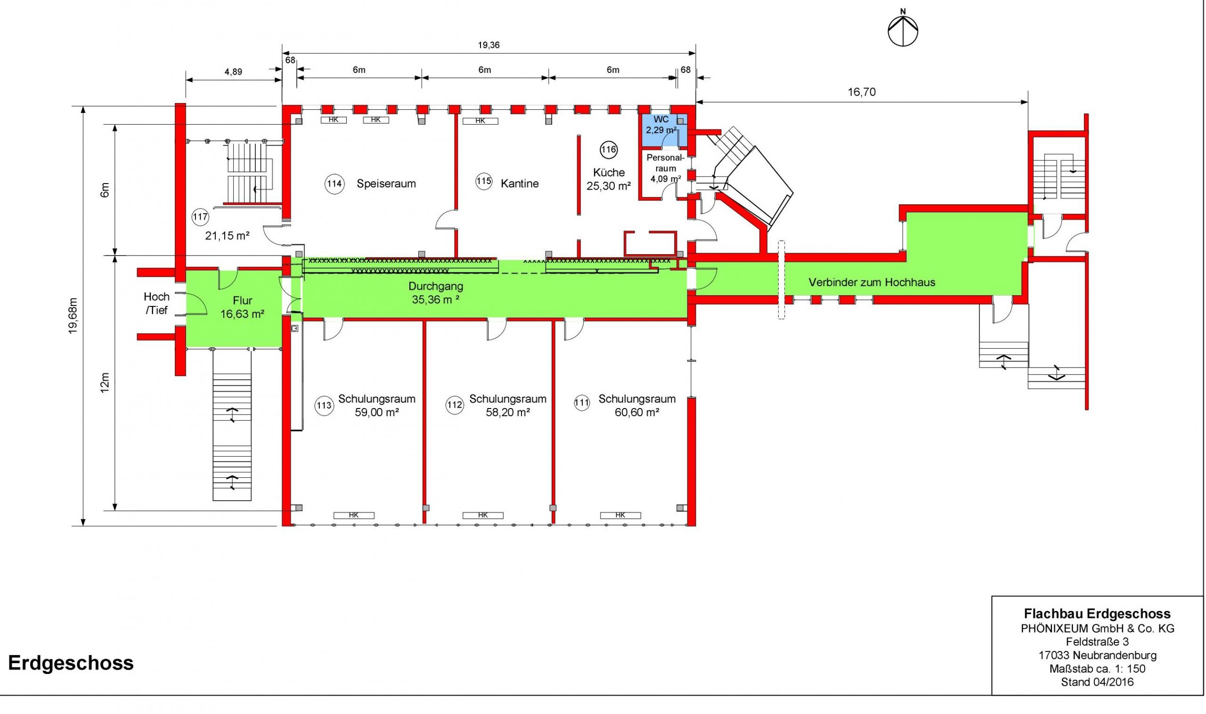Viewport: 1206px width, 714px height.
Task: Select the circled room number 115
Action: coord(483,181)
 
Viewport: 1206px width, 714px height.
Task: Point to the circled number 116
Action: coord(608,150)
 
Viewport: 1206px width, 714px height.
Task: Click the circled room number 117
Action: coord(200,217)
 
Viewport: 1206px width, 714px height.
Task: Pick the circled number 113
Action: coord(324,406)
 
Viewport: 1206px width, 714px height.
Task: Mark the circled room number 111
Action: coord(582,403)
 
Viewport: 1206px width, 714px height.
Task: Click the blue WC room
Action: coord(662,130)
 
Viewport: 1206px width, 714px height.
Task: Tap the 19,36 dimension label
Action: coord(489,46)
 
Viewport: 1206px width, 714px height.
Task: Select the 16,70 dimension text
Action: coord(861,92)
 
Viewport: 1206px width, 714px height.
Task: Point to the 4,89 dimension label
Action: coord(233,72)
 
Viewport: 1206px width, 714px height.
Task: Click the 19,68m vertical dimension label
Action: coord(73,316)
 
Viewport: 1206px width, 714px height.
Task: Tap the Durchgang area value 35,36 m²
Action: coord(435,300)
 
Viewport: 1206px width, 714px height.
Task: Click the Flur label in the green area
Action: coord(243,301)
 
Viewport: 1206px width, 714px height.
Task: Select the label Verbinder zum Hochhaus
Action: coord(872,282)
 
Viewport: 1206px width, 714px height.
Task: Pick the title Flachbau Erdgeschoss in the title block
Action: coord(1097,614)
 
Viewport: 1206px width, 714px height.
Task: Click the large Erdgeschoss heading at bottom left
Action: coord(71,663)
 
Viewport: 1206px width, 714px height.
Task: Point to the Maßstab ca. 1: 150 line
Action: coord(1097,669)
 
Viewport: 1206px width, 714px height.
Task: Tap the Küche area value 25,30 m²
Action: coord(609,186)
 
